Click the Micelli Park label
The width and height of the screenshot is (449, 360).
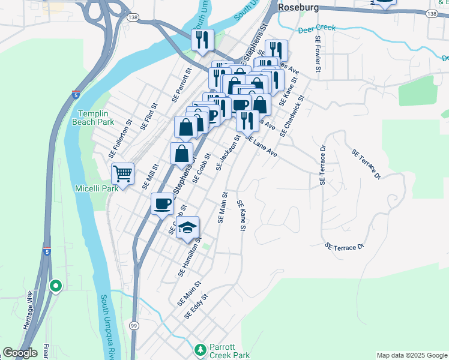tap(94, 188)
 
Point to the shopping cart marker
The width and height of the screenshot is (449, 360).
tap(123, 174)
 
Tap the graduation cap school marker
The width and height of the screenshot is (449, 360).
tap(188, 227)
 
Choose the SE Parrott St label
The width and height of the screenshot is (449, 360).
tap(181, 84)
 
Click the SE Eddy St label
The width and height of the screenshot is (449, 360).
tap(196, 306)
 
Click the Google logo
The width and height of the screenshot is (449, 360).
tap(20, 353)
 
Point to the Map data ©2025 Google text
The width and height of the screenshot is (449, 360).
tap(411, 355)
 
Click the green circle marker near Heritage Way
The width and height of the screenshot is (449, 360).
tap(56, 286)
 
